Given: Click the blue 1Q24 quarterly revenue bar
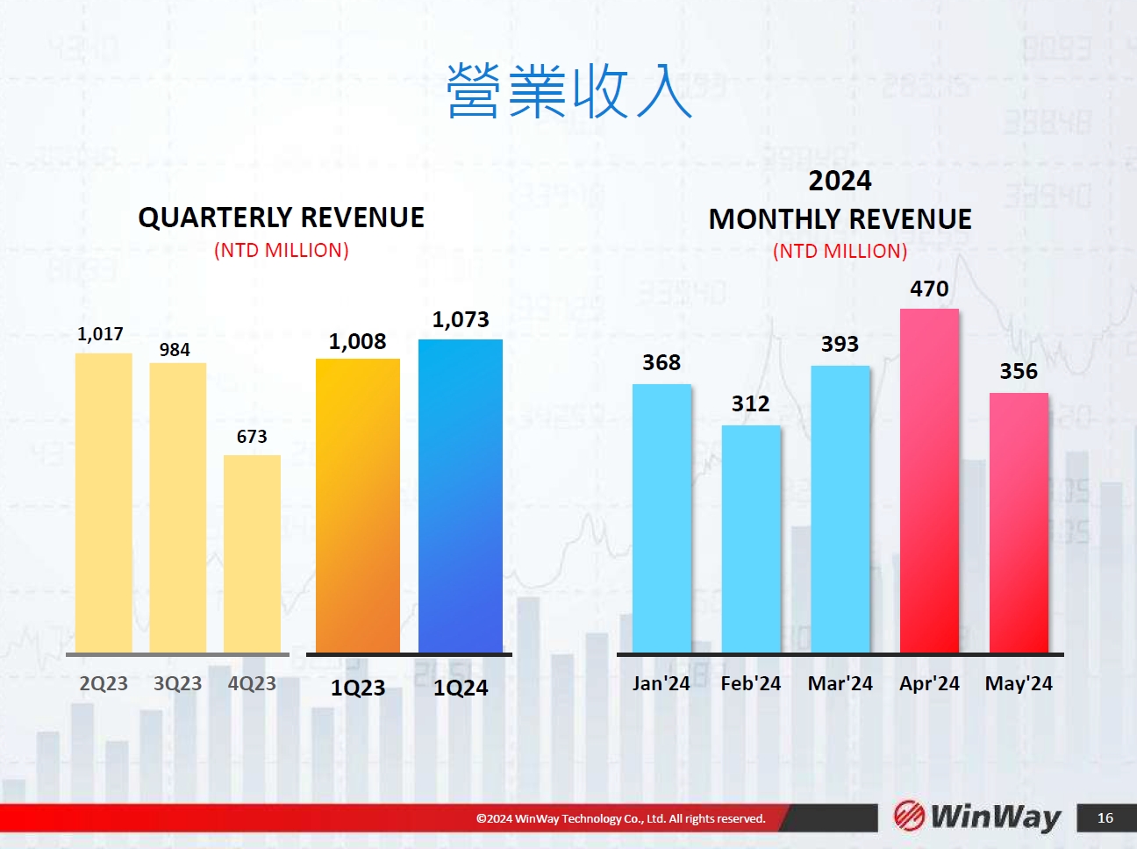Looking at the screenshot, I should tap(460, 496).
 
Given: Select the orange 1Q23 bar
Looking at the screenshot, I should tap(358, 505).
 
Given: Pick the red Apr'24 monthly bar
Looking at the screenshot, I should tap(929, 481).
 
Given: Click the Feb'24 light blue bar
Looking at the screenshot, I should tap(751, 539).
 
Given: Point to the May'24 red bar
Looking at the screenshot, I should tap(1019, 523).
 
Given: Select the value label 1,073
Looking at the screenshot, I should tap(461, 319).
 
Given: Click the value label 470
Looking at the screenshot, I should tap(929, 289).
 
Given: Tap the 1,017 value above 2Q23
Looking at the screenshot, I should tap(100, 334).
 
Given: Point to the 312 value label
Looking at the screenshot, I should tap(751, 403).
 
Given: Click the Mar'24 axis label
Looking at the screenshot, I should tap(840, 683).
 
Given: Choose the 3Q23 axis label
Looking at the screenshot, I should tap(177, 683).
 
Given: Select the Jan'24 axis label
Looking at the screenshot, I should tap(661, 683).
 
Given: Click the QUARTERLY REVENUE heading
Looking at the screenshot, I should tap(281, 218).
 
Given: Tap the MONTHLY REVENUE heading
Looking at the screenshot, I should tap(840, 218).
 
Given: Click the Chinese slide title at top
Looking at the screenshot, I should tap(569, 91).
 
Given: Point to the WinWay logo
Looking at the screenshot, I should tap(976, 817).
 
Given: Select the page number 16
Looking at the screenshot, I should tap(1105, 817).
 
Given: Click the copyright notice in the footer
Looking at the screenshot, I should tap(620, 818).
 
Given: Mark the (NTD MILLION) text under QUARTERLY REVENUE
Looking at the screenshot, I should tap(281, 250).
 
